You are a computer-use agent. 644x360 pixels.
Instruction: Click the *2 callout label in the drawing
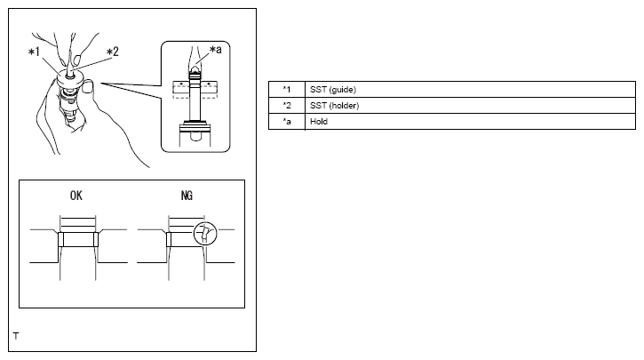click(x=112, y=52)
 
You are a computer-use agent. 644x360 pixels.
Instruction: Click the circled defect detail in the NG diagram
click(x=203, y=234)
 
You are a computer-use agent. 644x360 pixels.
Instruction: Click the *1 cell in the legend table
click(x=286, y=90)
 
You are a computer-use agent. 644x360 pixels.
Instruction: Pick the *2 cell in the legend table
click(x=286, y=106)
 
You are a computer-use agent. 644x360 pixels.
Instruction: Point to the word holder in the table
click(x=341, y=106)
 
